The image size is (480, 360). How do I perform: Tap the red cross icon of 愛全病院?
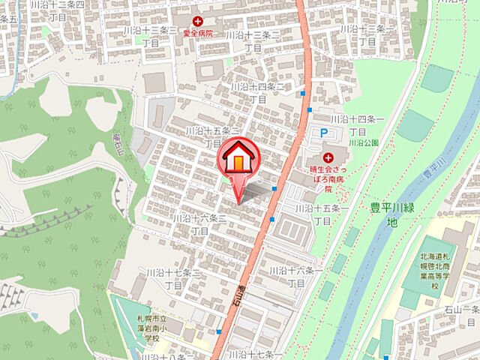[x=198, y=22]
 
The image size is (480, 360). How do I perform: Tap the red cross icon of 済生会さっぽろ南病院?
[x=328, y=157]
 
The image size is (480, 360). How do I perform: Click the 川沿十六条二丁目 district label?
[x=199, y=224]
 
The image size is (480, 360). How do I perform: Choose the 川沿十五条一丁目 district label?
[x=322, y=214]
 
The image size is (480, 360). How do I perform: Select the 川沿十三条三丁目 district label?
[x=151, y=36]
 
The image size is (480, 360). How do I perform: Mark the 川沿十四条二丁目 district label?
[x=258, y=92]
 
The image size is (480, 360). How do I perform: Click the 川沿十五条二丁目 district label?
[x=213, y=136]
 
